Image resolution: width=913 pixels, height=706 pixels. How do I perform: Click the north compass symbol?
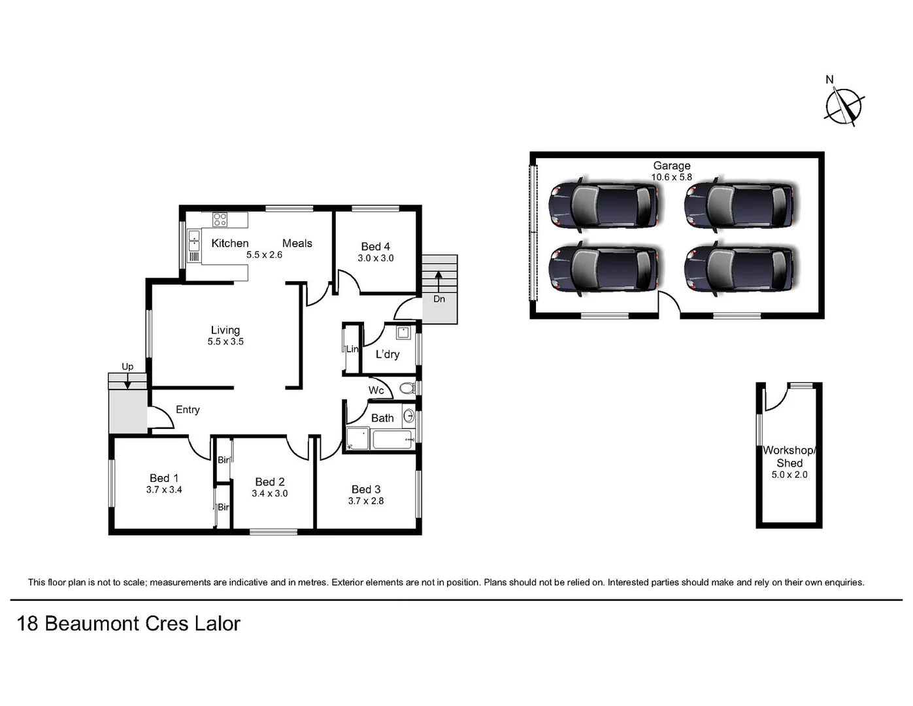tap(844, 105)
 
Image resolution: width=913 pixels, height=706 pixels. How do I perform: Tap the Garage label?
tap(671, 166)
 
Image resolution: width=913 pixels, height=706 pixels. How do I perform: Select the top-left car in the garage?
tap(603, 204)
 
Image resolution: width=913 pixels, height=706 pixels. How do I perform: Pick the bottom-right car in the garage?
tap(740, 269)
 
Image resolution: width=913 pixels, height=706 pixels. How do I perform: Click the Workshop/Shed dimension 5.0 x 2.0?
tap(789, 475)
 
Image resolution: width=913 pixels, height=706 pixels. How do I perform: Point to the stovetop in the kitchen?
tap(220, 220)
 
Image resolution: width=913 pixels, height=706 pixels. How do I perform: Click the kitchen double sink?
tap(194, 241)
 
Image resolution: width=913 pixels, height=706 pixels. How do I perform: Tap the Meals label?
tap(297, 243)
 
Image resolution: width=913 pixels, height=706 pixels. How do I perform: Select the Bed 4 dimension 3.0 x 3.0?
tap(375, 258)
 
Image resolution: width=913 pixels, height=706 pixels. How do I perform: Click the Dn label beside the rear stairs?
tap(439, 299)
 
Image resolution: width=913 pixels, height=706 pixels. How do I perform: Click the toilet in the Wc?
tap(407, 388)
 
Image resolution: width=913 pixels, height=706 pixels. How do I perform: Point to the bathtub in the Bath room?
tap(391, 439)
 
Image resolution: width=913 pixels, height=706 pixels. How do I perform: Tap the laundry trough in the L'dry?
tap(403, 332)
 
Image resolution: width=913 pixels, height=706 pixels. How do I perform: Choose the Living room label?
tap(225, 330)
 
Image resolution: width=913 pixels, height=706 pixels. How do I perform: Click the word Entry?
tap(188, 410)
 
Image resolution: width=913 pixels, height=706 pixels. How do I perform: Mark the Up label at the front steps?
tap(127, 367)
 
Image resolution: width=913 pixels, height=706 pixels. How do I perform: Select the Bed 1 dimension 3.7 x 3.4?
tap(163, 490)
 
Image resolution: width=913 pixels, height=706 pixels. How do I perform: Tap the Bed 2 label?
tap(269, 482)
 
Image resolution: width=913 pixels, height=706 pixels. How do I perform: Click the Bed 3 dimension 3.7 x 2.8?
tap(365, 501)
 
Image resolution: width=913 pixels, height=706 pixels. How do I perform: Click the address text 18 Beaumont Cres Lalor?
tap(129, 624)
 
